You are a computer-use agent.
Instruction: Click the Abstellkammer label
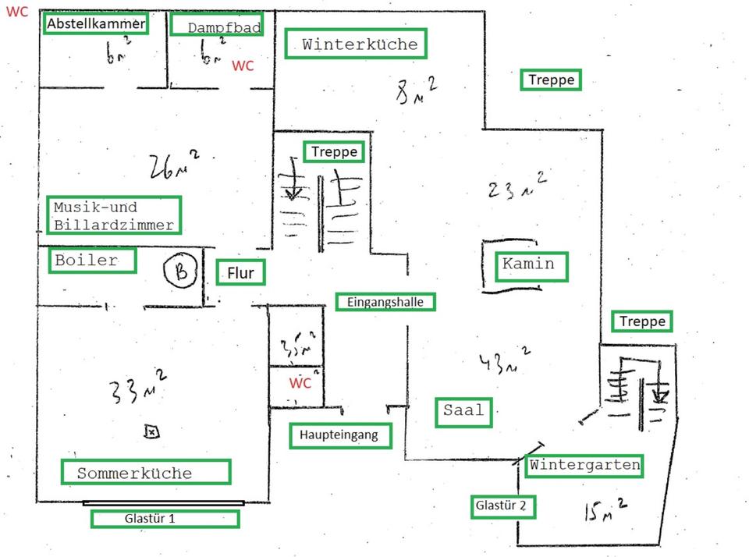pyautogui.click(x=96, y=24)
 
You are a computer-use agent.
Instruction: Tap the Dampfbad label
pyautogui.click(x=216, y=26)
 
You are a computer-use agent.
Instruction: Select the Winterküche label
pyautogui.click(x=356, y=44)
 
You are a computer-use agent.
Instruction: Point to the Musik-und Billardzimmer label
pyautogui.click(x=113, y=215)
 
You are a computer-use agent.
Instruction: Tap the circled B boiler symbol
pyautogui.click(x=181, y=271)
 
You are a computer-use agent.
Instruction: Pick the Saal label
pyautogui.click(x=463, y=410)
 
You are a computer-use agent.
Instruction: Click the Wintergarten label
pyautogui.click(x=584, y=466)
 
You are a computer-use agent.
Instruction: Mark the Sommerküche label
pyautogui.click(x=145, y=472)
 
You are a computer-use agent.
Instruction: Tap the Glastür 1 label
pyautogui.click(x=165, y=519)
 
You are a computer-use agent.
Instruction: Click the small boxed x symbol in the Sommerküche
pyautogui.click(x=151, y=431)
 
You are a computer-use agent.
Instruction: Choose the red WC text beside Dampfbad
pyautogui.click(x=243, y=66)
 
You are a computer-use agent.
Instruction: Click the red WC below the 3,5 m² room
pyautogui.click(x=300, y=383)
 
